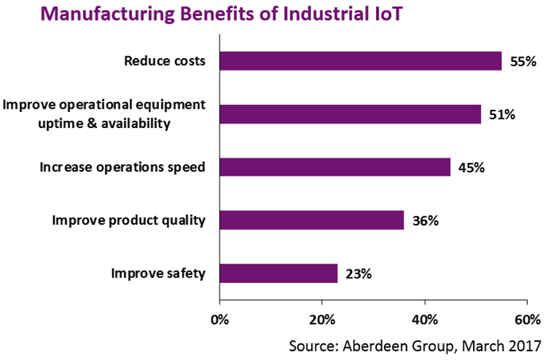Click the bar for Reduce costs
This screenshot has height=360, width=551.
pos(360,61)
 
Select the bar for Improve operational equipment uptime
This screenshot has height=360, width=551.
pos(350,114)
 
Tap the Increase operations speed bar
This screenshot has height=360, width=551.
pos(335,167)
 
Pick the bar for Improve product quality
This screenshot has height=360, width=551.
pos(312,219)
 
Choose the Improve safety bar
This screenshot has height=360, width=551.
pos(278,273)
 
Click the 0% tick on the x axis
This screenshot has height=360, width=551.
pos(219,319)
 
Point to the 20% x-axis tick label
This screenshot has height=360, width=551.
pos(322,319)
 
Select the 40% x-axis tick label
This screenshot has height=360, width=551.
pos(425,319)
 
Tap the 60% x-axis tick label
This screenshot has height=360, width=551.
pos(527,319)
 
